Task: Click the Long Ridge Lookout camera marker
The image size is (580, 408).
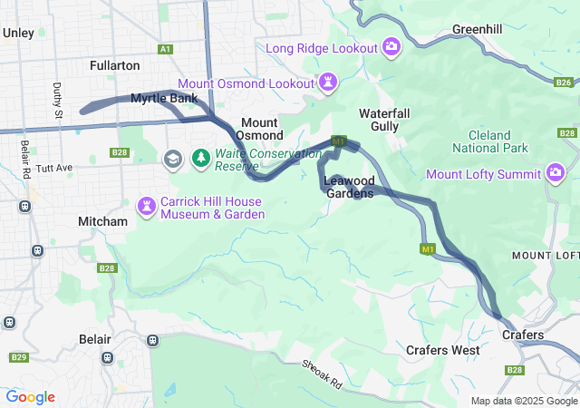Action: [391, 46]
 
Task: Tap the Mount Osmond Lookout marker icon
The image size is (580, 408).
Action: [328, 83]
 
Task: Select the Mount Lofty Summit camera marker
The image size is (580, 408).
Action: [556, 173]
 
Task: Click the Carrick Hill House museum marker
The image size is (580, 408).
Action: [145, 207]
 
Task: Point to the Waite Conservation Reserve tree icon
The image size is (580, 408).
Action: [200, 160]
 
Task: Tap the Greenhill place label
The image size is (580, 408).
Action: [477, 30]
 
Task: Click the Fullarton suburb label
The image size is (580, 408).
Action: [115, 65]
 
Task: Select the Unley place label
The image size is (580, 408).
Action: [18, 33]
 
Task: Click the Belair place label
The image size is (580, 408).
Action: [94, 338]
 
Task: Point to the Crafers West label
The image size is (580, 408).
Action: [443, 350]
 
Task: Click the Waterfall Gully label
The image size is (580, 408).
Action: [384, 120]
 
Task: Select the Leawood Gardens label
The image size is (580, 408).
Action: [350, 187]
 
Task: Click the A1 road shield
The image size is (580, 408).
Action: [164, 49]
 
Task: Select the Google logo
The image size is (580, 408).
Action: [30, 397]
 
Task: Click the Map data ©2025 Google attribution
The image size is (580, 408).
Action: [524, 401]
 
